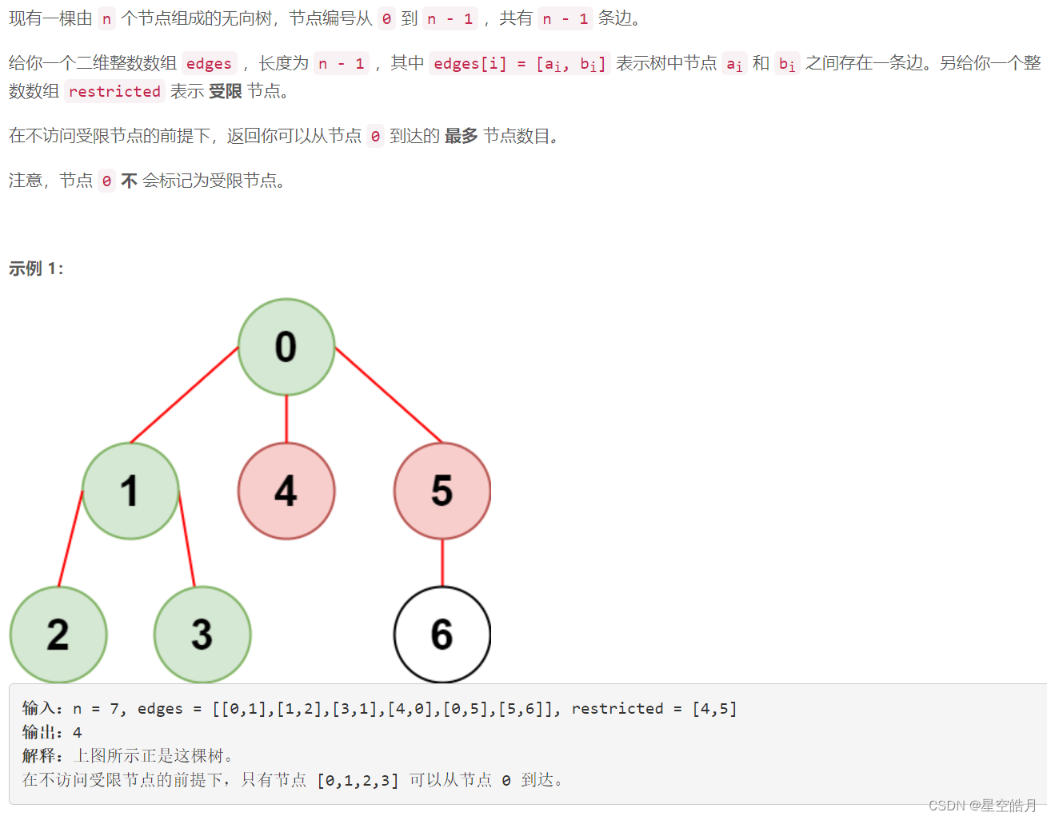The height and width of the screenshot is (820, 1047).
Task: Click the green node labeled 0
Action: coord(286,347)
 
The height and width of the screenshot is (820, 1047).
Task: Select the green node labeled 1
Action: coord(130,491)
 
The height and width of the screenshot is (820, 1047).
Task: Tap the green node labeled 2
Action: coord(58,635)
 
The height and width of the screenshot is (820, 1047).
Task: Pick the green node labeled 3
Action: coord(202,635)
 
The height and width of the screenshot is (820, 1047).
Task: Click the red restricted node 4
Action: coord(286,491)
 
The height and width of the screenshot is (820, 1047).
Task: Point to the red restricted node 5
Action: coord(442,491)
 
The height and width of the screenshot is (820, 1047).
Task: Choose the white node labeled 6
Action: coord(442,635)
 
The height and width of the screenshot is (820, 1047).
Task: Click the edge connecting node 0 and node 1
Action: coord(185,395)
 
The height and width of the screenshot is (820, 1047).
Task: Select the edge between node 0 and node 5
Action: coord(389,395)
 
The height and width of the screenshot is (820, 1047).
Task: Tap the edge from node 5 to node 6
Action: coord(442,563)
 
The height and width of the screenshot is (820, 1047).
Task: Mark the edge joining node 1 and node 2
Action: coord(70,539)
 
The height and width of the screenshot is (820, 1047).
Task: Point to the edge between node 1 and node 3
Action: coord(187,540)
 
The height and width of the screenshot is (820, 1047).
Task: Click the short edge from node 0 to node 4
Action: coord(286,419)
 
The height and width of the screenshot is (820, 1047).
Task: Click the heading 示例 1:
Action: coord(36,269)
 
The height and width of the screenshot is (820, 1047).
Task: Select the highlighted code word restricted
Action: coord(114,92)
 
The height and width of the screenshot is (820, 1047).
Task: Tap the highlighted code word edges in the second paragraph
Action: coord(209,64)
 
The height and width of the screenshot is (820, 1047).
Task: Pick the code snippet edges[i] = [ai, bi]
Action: coord(519,64)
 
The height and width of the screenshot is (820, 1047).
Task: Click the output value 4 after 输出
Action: coord(78,732)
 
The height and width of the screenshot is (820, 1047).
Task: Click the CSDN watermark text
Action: coord(982,806)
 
